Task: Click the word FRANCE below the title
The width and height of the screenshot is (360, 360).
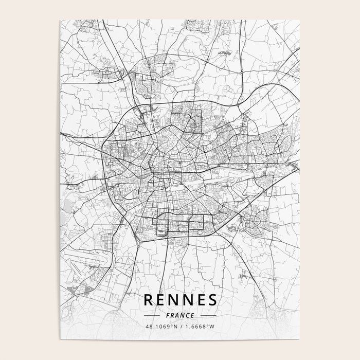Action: coord(180,315)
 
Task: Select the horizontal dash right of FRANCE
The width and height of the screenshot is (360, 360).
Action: coord(208,315)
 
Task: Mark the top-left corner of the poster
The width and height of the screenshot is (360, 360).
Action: coord(61,21)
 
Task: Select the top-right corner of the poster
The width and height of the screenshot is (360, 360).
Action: coord(299,21)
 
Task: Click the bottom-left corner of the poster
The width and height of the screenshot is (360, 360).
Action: coord(61,339)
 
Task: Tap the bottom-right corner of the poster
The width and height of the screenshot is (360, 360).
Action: coord(299,339)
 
